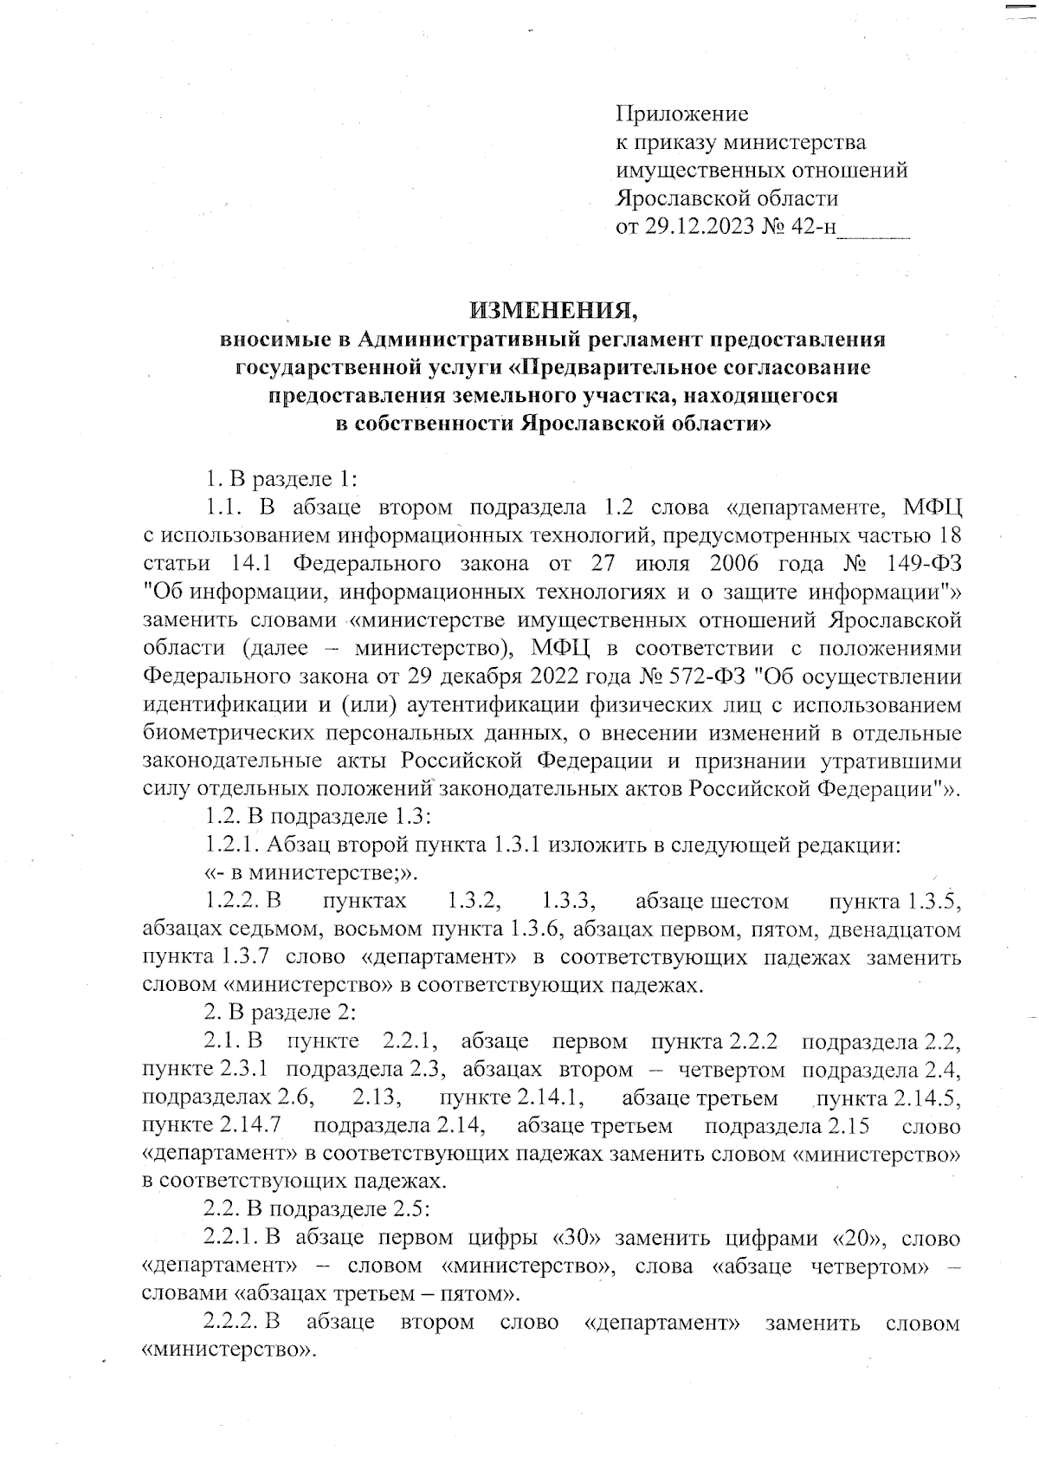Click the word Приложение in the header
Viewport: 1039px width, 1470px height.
(x=681, y=113)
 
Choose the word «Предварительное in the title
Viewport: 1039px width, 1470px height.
(x=616, y=367)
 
